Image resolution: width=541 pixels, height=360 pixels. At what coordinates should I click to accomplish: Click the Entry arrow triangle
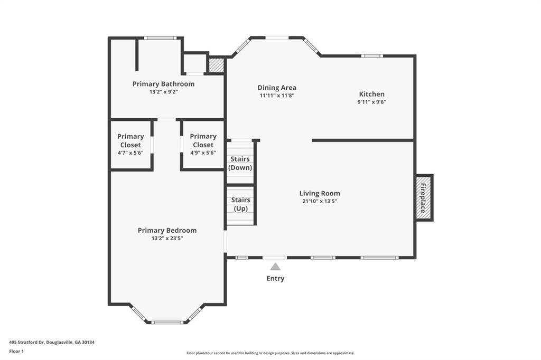point(275,267)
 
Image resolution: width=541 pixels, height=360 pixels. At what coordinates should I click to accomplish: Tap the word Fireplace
point(423,197)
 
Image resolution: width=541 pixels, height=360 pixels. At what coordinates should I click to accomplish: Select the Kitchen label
point(371,94)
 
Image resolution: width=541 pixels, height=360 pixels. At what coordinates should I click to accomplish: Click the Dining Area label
point(277,88)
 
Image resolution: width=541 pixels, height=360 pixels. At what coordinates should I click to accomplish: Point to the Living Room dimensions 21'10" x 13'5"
point(320,202)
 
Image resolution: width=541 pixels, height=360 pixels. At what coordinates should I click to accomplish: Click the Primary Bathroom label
point(164,84)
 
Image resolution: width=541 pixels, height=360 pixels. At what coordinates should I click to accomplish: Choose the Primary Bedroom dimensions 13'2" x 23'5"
point(167,238)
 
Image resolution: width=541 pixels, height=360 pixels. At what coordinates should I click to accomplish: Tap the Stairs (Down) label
point(240,163)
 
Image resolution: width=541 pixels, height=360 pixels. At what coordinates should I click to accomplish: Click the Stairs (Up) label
point(240,204)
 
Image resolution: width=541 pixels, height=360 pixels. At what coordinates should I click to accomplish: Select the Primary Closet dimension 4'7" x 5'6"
point(130,153)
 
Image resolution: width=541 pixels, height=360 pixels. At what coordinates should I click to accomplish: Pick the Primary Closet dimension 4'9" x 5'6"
point(203,153)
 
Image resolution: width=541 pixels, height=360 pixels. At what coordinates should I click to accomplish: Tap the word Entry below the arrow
point(275,278)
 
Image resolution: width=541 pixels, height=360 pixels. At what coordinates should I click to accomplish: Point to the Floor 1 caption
point(16,352)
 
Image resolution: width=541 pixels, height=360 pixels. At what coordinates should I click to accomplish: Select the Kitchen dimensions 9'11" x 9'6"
point(371,102)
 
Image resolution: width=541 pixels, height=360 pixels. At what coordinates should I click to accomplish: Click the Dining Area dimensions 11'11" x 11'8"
point(277,96)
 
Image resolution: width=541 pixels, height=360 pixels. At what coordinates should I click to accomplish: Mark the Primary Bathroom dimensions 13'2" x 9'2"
point(164,92)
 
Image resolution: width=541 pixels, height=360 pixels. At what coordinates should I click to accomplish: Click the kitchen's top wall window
point(372,56)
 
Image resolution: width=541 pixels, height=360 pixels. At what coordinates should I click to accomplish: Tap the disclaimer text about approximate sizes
point(270,353)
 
